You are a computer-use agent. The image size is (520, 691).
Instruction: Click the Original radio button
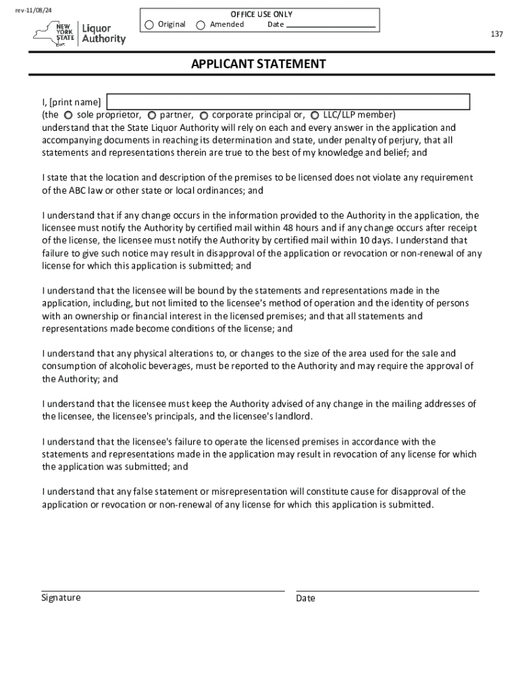[149, 25]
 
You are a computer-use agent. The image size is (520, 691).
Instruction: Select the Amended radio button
[201, 25]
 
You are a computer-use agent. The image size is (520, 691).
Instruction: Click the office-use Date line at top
[331, 26]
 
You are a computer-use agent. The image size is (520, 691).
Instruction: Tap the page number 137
[497, 34]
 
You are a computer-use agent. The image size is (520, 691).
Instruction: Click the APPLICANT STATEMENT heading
[259, 64]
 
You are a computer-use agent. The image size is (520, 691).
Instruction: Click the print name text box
[288, 102]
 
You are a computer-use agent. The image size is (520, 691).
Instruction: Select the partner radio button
[152, 115]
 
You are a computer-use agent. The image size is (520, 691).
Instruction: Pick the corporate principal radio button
[203, 115]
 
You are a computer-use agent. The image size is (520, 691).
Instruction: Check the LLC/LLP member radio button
[315, 115]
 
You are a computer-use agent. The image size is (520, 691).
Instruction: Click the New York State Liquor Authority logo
[79, 32]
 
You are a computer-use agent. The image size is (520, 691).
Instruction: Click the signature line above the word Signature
[162, 590]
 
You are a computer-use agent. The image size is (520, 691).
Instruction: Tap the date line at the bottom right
[387, 590]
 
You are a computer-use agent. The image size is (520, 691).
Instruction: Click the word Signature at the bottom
[61, 598]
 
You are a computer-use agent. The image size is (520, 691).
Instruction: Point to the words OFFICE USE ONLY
[261, 14]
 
